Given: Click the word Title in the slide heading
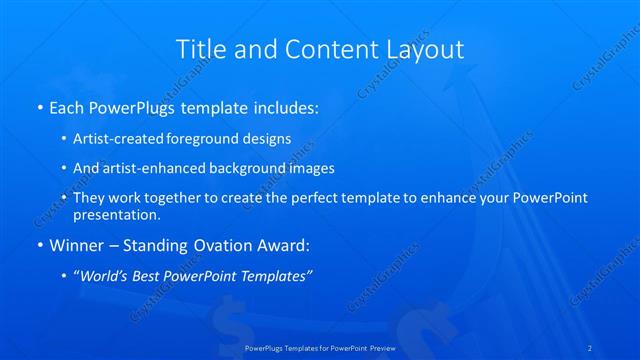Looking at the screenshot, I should (x=198, y=49).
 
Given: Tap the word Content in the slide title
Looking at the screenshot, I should (x=320, y=49).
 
